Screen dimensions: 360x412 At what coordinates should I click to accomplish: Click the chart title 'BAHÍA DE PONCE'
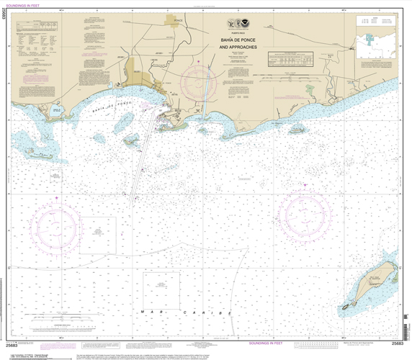[238, 40]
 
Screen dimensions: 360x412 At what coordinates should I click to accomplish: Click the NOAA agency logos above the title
[238, 23]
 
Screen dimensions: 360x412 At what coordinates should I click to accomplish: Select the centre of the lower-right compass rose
[305, 212]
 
